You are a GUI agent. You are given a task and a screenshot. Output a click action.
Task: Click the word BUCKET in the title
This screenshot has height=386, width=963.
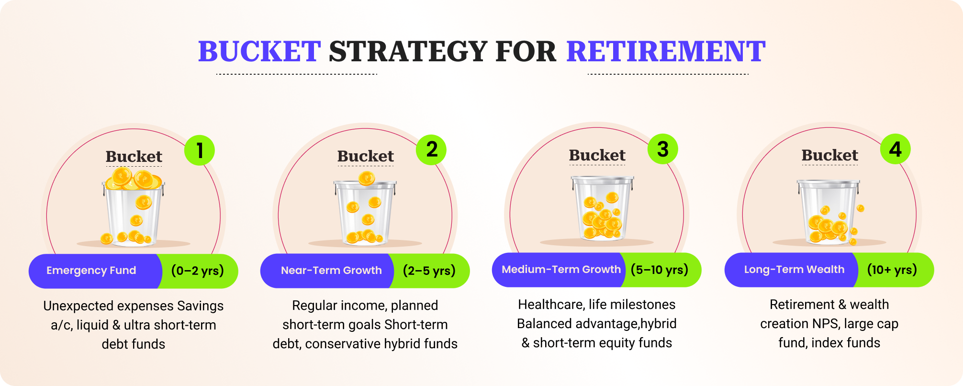pos(259,52)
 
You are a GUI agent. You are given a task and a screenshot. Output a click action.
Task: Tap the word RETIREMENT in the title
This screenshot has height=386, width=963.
pos(666,52)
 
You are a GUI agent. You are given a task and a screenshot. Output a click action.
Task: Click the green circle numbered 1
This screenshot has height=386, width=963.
pos(200,150)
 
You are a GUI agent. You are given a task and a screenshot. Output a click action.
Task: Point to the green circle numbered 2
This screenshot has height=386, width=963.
pos(431,149)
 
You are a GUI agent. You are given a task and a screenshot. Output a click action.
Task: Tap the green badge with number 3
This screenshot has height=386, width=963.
pos(663,149)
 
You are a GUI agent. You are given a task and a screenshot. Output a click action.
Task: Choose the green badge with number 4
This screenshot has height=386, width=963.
pos(895,149)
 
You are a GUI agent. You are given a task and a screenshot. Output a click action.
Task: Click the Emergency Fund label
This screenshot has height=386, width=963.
pos(91,271)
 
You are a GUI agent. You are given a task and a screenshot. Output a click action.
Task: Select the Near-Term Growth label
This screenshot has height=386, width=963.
pos(331,271)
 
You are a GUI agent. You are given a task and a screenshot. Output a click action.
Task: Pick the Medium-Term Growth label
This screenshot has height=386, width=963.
pos(561,270)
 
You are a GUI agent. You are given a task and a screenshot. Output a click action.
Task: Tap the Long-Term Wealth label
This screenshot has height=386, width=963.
pos(794,270)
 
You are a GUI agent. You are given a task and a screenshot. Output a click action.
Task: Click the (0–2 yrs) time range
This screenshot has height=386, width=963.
pos(198,271)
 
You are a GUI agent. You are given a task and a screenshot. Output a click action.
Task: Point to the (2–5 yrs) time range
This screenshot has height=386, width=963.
pos(429,271)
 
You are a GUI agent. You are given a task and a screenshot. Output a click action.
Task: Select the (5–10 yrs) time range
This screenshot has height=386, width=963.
pos(660,270)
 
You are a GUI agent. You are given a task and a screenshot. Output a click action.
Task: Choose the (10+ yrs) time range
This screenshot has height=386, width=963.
pos(892,270)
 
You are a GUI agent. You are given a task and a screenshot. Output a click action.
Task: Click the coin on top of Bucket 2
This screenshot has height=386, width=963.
pos(367,179)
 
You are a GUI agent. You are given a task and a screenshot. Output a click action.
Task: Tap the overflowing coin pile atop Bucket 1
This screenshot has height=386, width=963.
pos(133,179)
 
